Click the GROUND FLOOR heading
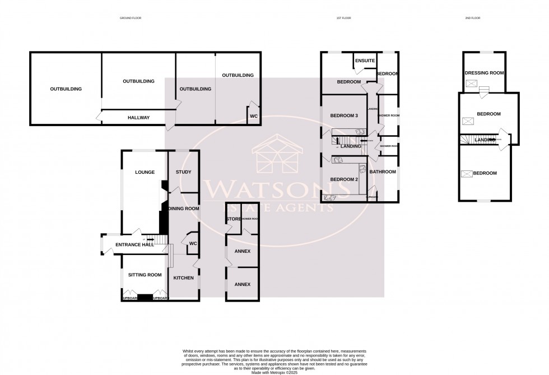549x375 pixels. (x=131, y=18)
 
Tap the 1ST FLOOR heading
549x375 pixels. (x=343, y=18)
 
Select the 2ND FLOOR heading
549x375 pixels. (x=473, y=18)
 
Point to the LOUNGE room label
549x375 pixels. (x=145, y=172)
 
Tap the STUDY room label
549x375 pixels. (x=183, y=172)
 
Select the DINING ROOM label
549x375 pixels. (x=184, y=209)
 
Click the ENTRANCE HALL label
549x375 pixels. (x=134, y=245)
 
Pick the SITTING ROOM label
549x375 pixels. (x=145, y=275)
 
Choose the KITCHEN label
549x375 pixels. (x=183, y=278)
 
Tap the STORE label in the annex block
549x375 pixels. (x=232, y=219)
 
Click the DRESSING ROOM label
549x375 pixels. (x=484, y=73)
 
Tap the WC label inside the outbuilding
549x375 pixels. (x=253, y=116)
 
